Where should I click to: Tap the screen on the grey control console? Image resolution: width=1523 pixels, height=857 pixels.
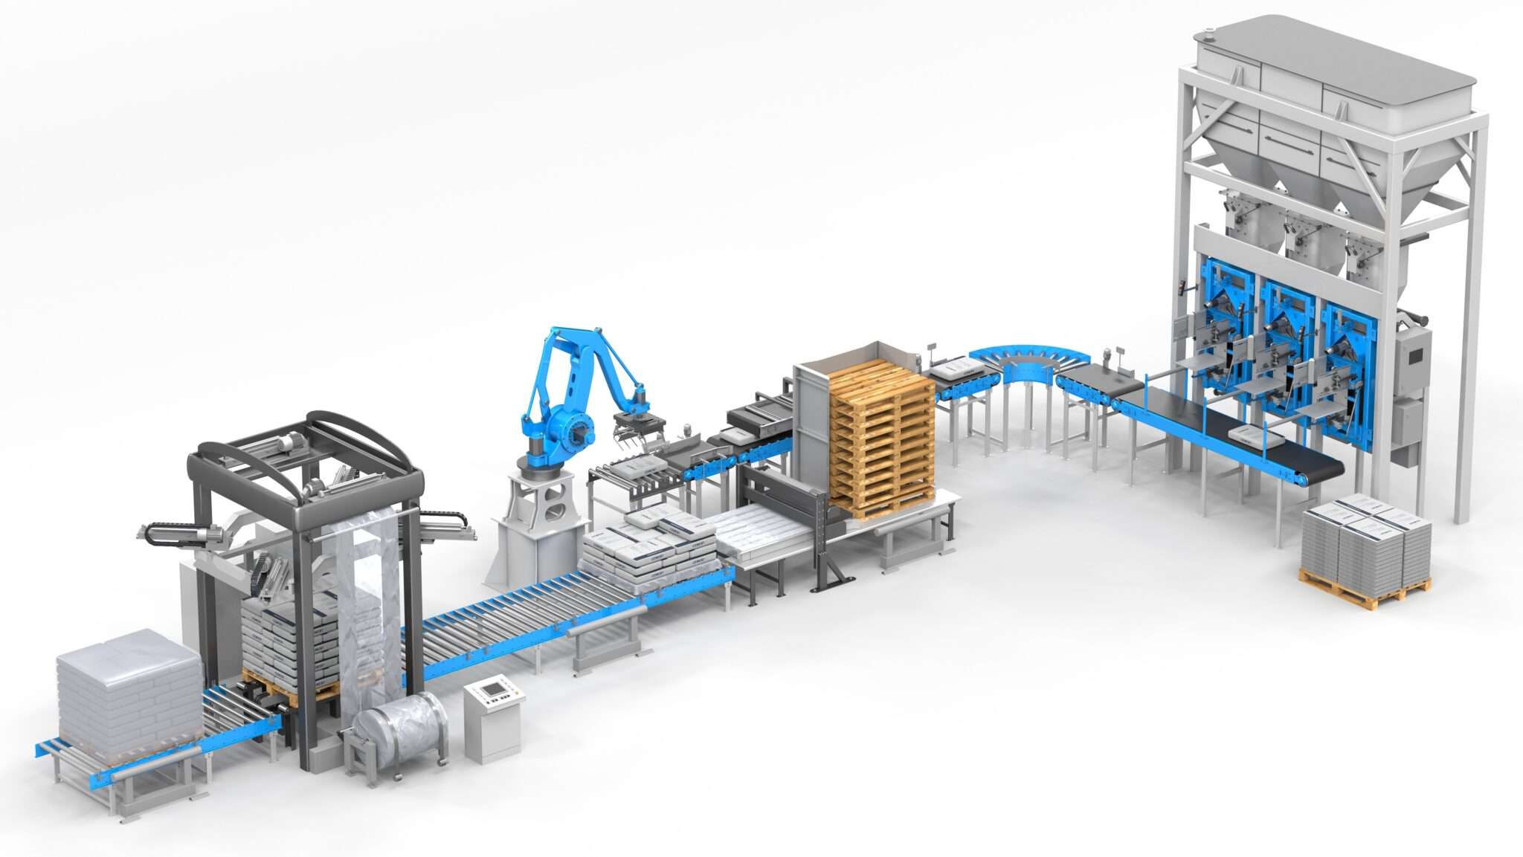point(493,689)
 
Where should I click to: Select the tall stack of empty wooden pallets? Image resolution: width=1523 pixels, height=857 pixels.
point(881,439)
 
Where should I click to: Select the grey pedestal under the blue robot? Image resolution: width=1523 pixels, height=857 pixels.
point(537,520)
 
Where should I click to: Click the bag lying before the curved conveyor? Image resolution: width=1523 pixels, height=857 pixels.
point(956,367)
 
